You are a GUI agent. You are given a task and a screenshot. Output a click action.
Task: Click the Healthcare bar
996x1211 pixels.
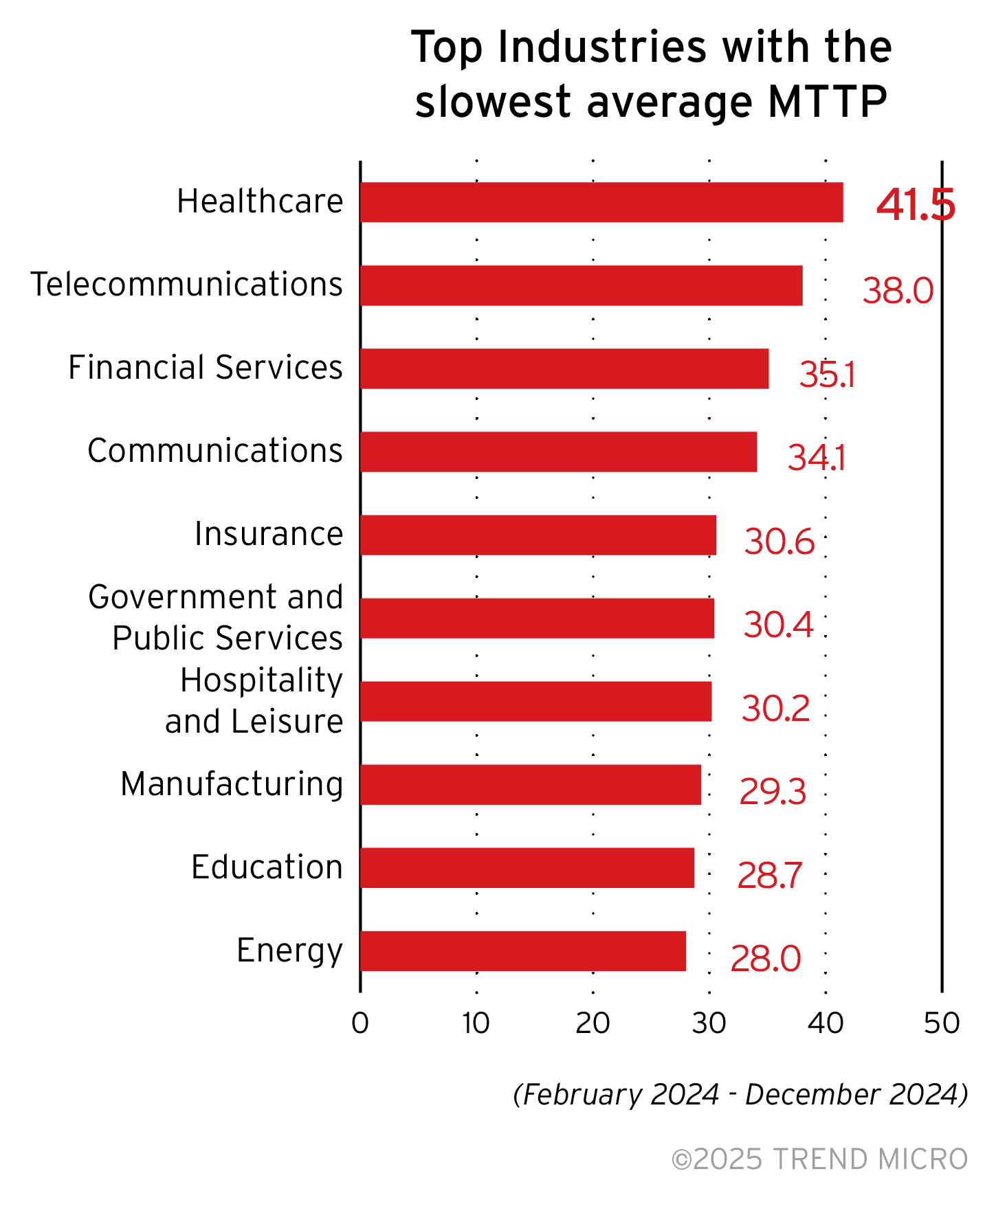[x=601, y=202]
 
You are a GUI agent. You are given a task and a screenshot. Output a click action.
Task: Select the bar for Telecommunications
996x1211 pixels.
[x=582, y=285]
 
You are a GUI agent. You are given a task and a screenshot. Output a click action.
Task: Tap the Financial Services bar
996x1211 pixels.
[x=564, y=368]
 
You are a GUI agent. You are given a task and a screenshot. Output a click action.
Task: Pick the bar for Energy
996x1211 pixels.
[x=523, y=951]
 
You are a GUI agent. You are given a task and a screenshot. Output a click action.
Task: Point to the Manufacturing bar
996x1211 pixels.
[x=531, y=784]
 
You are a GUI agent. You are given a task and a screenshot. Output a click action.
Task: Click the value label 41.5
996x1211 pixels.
[x=915, y=205]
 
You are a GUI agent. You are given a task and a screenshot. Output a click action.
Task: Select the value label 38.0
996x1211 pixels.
[x=898, y=290]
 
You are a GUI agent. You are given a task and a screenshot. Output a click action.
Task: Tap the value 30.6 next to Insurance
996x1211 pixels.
[x=779, y=542]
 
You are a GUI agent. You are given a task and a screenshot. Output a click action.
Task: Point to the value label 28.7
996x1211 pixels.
[x=769, y=876]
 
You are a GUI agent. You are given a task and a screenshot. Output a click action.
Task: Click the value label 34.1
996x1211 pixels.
[x=816, y=458]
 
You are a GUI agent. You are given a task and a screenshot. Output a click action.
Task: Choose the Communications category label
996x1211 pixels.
[x=215, y=451]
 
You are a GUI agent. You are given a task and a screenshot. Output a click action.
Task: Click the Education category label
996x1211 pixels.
[x=267, y=867]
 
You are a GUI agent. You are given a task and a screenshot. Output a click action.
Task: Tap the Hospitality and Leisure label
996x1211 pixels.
[x=254, y=700]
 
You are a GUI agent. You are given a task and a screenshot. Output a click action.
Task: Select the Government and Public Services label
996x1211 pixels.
[x=216, y=617]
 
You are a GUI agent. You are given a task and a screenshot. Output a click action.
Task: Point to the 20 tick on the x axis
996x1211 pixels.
[x=593, y=1024]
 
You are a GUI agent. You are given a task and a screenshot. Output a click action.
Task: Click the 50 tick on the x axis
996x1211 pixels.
[x=942, y=1024]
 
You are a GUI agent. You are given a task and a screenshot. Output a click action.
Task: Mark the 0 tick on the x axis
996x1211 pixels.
[x=360, y=1024]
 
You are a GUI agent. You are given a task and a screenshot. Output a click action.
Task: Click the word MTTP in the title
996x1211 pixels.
[x=827, y=102]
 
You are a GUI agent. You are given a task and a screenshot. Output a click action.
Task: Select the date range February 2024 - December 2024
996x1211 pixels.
[x=740, y=1094]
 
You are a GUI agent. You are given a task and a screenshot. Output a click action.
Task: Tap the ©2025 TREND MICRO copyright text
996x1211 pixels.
[x=819, y=1159]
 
